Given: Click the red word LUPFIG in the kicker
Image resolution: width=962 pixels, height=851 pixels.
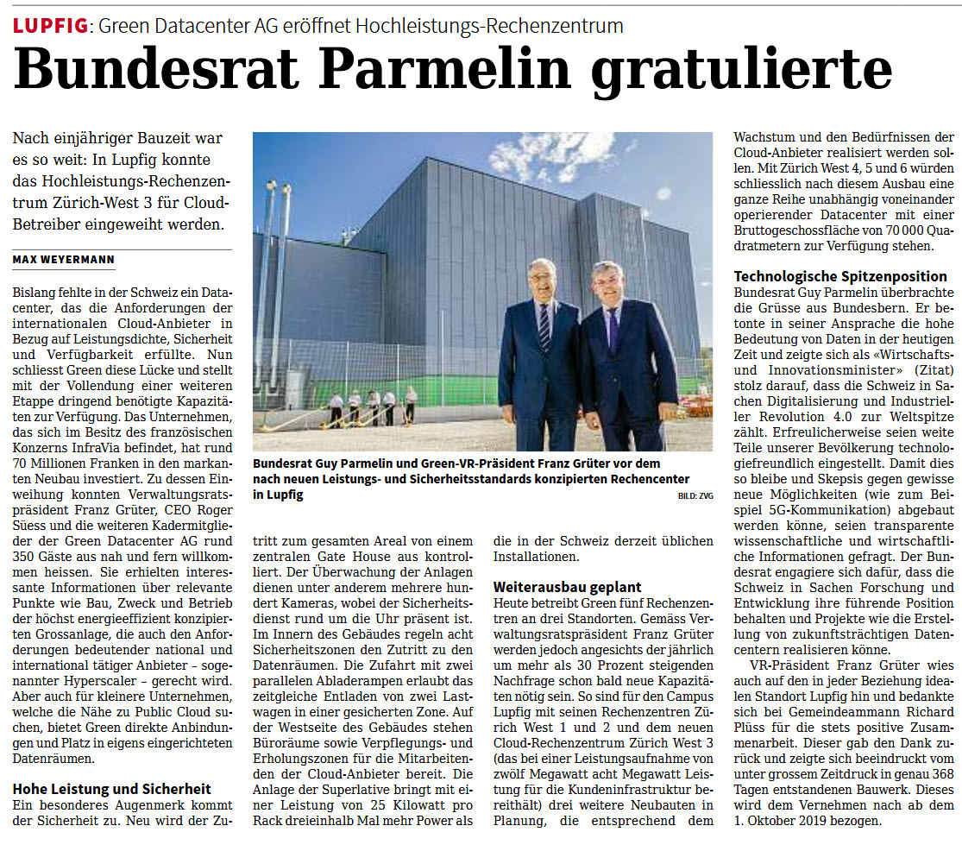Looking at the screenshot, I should [50, 26].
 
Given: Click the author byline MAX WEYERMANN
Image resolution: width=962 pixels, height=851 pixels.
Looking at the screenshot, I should [64, 260].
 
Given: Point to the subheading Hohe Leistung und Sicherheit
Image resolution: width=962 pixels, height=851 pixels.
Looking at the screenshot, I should [111, 789].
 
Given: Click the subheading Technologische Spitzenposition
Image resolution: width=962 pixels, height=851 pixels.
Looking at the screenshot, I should [839, 276].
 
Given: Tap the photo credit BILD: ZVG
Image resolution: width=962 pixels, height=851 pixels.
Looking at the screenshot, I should [695, 496].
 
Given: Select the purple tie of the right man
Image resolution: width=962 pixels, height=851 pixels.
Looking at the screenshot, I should [613, 328].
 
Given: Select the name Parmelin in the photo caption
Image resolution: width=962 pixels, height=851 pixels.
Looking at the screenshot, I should [366, 463].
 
